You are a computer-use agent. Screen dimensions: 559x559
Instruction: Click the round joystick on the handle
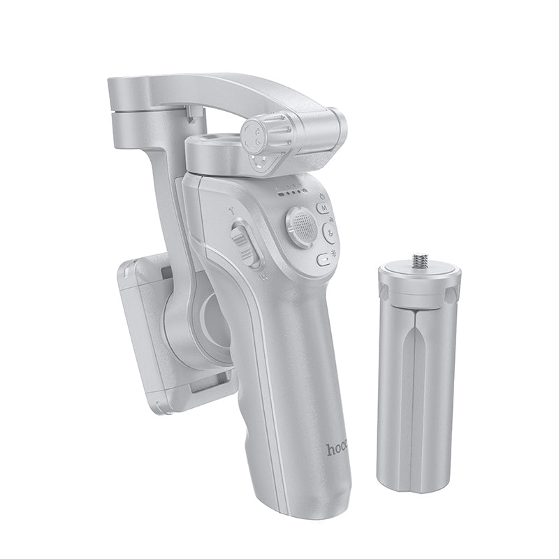pos(302,226)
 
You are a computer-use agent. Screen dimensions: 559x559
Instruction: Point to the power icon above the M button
pos(323,195)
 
